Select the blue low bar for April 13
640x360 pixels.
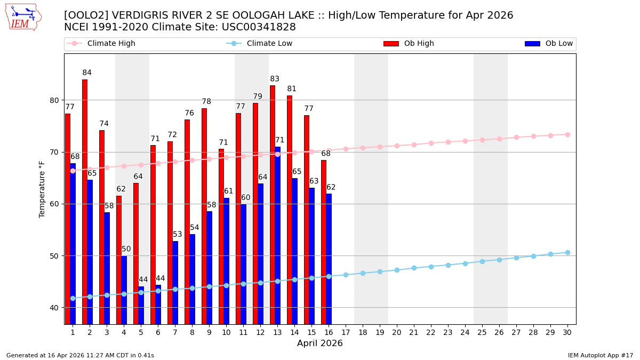(x=277, y=235)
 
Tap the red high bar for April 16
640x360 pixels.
(x=324, y=242)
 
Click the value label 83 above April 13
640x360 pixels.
(x=275, y=79)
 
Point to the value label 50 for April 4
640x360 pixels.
(x=126, y=249)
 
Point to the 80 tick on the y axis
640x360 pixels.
(x=54, y=100)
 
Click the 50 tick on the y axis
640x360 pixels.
(x=54, y=256)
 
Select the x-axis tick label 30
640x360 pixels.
(x=567, y=332)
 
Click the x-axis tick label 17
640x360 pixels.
(x=346, y=332)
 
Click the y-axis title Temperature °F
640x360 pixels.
(x=42, y=189)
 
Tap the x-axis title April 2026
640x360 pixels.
(x=320, y=343)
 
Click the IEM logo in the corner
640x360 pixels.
(x=23, y=17)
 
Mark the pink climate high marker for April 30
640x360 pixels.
(x=567, y=134)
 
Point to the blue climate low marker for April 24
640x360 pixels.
(x=465, y=263)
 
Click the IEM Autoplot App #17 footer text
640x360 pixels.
(x=600, y=355)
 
